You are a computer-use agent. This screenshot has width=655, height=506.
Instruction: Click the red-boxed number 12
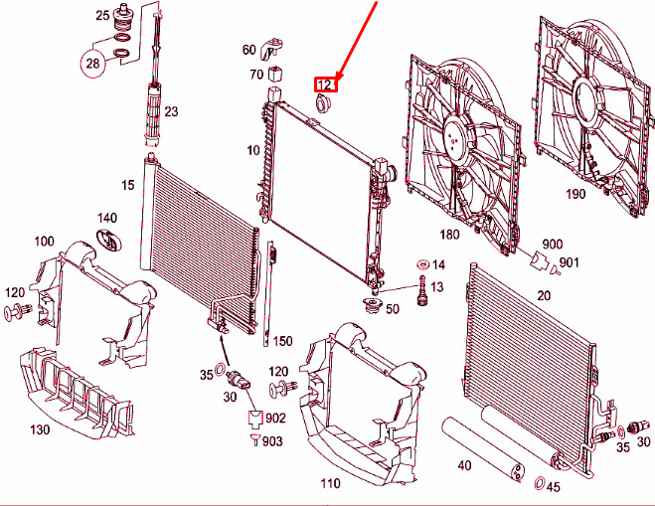[325, 85]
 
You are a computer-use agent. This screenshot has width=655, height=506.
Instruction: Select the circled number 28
[93, 66]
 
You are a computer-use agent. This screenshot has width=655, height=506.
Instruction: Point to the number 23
[171, 111]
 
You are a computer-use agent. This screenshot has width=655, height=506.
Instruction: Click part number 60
[248, 50]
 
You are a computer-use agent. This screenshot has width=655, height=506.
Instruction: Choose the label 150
[283, 341]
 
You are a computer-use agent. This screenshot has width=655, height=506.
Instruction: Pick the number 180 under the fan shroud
[449, 235]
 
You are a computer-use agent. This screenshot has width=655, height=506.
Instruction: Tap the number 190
[575, 195]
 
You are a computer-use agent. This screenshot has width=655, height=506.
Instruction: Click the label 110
[330, 483]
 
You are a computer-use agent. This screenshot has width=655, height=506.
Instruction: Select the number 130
[40, 429]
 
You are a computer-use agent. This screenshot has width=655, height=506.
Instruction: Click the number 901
[569, 262]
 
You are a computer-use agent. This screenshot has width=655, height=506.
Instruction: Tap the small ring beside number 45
[538, 485]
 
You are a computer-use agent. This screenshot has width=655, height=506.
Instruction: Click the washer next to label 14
[420, 265]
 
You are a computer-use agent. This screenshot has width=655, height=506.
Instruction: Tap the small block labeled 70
[278, 74]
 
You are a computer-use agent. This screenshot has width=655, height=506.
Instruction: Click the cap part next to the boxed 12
[323, 104]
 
